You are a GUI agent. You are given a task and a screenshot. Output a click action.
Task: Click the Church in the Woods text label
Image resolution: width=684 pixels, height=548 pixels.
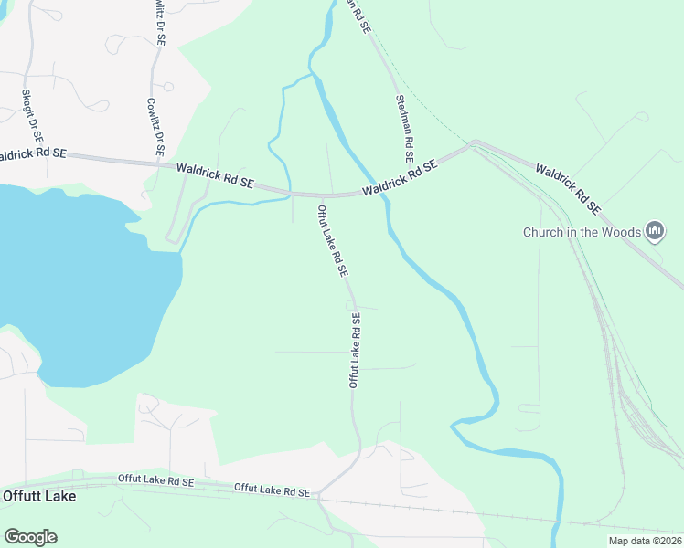(581, 232)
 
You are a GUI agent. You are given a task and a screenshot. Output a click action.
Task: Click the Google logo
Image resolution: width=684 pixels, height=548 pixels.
(30, 537)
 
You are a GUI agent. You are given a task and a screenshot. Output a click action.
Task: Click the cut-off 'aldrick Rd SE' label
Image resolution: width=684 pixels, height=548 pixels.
(33, 154)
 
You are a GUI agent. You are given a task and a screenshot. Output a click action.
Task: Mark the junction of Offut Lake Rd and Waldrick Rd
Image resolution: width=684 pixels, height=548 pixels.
(321, 195)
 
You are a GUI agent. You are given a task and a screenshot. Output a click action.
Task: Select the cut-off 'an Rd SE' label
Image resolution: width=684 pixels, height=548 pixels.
(358, 16)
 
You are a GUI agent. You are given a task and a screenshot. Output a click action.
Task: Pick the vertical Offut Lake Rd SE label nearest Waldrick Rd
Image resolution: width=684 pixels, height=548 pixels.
(333, 241)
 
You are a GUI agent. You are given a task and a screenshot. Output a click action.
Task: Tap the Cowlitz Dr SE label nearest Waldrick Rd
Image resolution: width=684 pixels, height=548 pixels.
(155, 126)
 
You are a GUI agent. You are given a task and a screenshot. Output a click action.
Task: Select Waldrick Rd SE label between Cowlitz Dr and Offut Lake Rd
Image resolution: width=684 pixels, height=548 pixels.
(215, 175)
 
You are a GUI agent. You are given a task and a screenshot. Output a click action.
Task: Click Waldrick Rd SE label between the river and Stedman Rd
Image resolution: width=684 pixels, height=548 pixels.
(399, 180)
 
